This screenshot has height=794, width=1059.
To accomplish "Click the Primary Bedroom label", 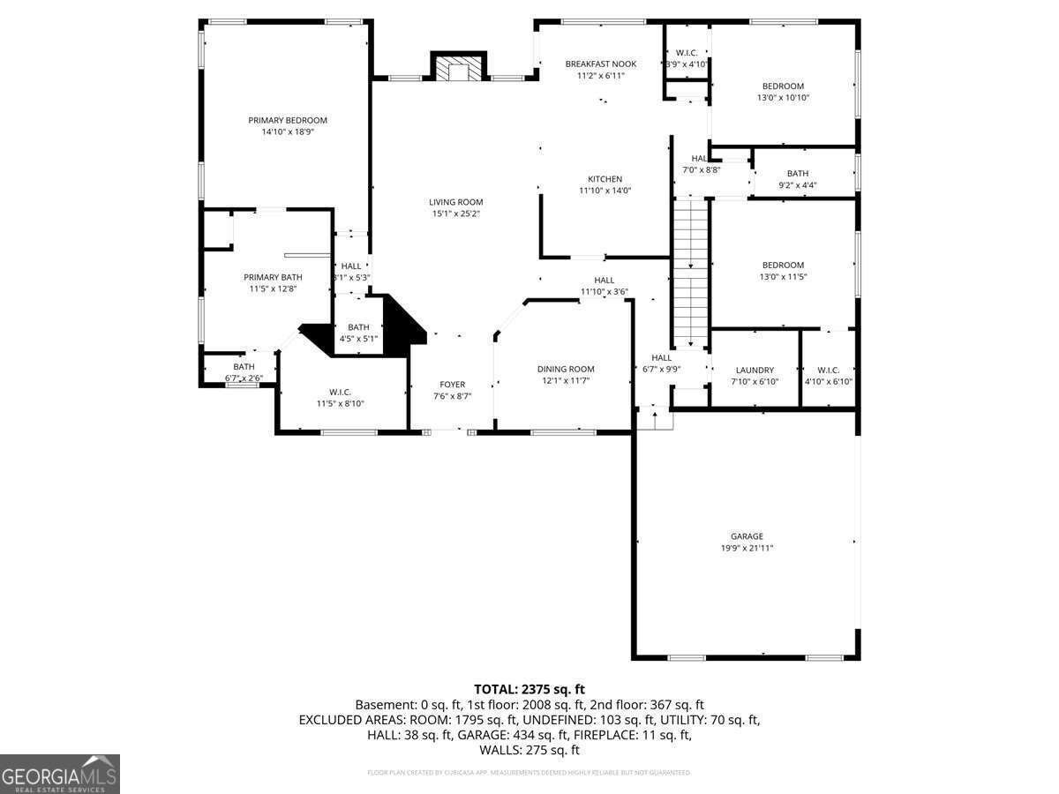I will (287, 120).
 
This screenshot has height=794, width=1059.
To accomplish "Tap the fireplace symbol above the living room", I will (458, 68).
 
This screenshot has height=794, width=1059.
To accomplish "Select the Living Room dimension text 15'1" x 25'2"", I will (456, 213).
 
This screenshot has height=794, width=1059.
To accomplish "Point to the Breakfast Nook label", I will (600, 64).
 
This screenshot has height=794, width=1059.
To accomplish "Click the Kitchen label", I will (605, 179).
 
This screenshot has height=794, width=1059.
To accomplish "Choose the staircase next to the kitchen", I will (691, 273).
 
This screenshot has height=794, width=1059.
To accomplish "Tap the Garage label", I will (746, 536).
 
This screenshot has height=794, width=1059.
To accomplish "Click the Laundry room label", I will (754, 370).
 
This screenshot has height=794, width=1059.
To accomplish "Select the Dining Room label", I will (566, 369).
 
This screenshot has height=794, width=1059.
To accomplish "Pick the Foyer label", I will (452, 385).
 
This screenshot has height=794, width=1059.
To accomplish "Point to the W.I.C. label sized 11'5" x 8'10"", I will (340, 392).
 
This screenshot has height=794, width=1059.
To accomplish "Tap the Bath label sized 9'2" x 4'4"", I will (797, 174).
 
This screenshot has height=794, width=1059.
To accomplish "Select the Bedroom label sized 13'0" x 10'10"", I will (783, 86).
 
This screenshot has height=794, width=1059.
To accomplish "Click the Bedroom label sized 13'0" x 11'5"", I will (783, 265).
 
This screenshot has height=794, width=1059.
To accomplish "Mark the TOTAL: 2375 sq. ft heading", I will (529, 689).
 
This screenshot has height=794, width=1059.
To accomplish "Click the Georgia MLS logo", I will (60, 774).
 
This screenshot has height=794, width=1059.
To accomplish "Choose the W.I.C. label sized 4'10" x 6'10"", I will (828, 370).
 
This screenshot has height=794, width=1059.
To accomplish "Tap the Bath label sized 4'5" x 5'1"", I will (358, 327).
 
